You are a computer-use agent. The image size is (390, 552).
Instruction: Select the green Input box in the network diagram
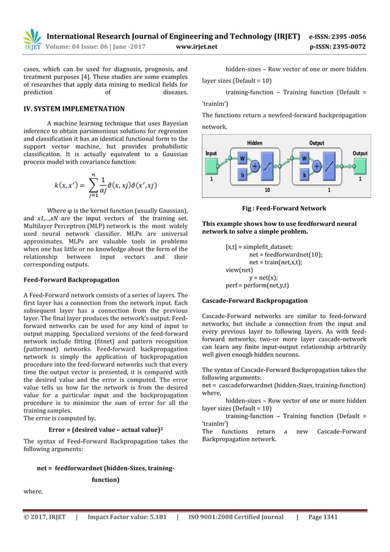pos(211,165)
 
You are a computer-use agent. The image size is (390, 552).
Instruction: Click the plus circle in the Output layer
pos(317,165)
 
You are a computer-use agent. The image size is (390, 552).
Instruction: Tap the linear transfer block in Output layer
pos(331,165)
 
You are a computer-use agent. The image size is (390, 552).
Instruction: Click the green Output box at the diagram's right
pos(360,165)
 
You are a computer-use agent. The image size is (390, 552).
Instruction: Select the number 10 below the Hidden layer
pos(267,190)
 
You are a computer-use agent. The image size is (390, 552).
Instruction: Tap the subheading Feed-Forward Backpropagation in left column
pos(71,280)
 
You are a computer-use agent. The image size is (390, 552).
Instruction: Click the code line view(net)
pos(239,269)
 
